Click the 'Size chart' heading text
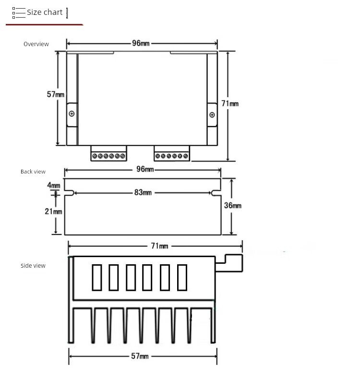45,12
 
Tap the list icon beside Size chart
19,13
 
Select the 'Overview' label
36,44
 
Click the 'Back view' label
33,172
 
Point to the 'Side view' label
33,265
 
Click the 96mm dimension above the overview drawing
141,43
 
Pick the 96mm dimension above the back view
145,169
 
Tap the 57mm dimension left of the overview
56,94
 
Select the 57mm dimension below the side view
140,356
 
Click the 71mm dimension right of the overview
230,103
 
